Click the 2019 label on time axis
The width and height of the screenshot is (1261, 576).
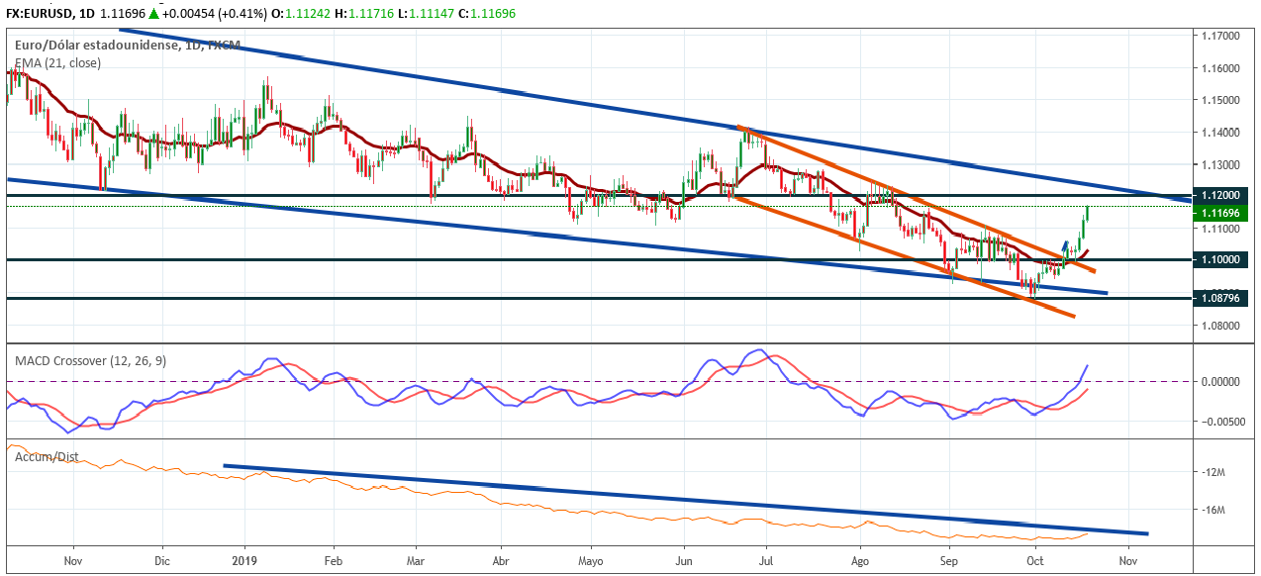point(243,559)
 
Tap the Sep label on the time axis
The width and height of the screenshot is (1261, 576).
point(949,559)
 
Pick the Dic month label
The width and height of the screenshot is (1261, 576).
point(163,559)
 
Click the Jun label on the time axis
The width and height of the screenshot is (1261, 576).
point(683,559)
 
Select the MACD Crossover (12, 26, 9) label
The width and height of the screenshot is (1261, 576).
point(91,361)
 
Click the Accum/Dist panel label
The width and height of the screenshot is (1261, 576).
point(47,457)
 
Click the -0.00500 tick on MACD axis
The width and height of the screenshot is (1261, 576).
point(1219,421)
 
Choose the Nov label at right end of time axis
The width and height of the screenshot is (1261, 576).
point(1126,559)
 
